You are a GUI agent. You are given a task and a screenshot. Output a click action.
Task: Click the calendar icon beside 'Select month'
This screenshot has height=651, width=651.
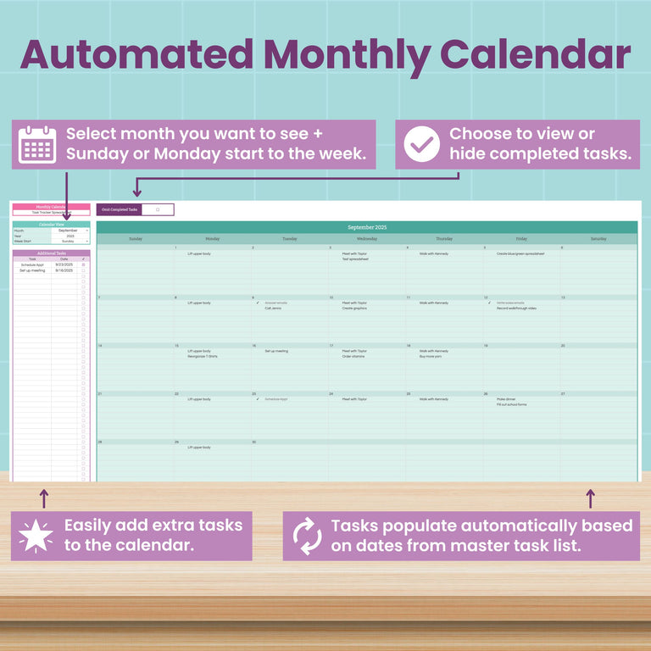(37, 144)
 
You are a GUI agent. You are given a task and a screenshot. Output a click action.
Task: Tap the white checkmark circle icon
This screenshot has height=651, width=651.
(421, 144)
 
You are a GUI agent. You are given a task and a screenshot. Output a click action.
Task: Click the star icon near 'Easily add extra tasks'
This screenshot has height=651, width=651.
(36, 536)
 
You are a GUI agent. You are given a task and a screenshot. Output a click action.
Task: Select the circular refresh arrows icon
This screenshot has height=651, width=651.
(307, 536)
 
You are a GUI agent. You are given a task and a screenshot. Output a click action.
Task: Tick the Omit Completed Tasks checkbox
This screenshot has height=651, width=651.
(158, 209)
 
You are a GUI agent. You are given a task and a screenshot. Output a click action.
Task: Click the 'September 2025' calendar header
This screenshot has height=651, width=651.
(366, 228)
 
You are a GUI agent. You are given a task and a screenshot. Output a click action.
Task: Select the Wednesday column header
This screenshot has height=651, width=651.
(366, 239)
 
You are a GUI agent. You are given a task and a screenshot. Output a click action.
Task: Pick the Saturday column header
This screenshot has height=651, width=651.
(598, 239)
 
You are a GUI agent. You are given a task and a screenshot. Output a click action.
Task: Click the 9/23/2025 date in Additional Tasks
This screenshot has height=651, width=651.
(64, 264)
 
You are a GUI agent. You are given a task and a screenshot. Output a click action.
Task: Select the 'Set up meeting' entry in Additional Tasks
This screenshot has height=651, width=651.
(32, 270)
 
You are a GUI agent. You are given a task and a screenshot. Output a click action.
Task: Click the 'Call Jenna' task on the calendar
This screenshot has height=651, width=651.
(273, 309)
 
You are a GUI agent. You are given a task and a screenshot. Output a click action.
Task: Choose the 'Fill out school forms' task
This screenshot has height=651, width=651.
(512, 405)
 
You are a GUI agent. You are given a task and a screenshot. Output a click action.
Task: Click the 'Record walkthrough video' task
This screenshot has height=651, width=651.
(516, 309)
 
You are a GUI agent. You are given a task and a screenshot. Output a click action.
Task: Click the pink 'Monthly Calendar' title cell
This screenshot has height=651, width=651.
(51, 207)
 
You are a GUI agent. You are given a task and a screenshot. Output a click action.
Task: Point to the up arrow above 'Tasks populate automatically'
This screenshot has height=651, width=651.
(591, 498)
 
